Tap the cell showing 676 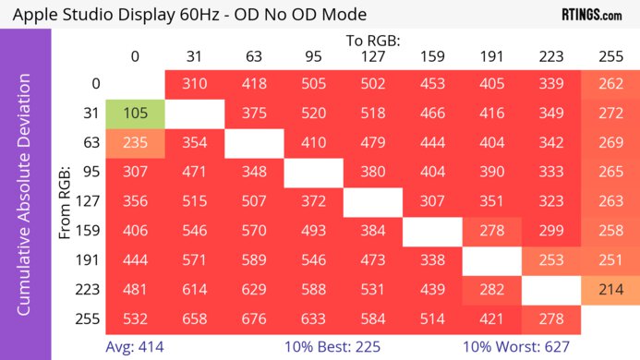[253, 318]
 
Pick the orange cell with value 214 [609, 289]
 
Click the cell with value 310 [194, 84]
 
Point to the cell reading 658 [194, 318]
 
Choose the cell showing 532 [135, 318]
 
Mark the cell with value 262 [609, 84]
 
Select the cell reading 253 [549, 259]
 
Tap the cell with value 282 [490, 289]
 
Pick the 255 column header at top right [609, 56]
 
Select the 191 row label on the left [89, 259]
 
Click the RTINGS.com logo [591, 15]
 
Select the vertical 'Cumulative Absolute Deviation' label [25, 201]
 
